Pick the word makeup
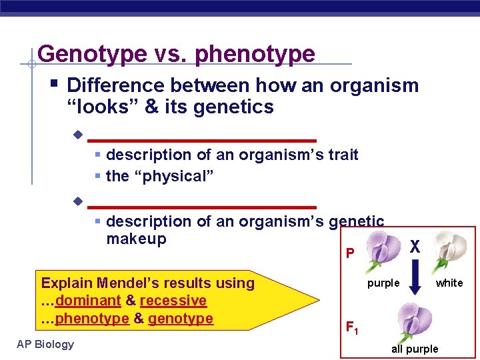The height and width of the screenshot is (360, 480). click(x=136, y=239)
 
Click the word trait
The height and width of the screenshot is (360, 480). click(x=341, y=155)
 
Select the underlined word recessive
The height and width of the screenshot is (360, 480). click(x=173, y=301)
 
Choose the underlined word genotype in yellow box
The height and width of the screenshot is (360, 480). click(x=181, y=319)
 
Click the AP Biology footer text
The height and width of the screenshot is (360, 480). click(x=46, y=344)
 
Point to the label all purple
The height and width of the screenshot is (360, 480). click(x=415, y=349)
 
